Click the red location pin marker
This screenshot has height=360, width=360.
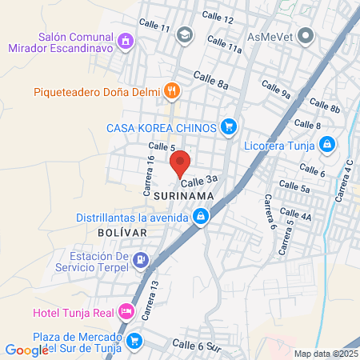[x=180, y=162]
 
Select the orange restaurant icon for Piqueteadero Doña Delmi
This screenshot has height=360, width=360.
[x=170, y=91]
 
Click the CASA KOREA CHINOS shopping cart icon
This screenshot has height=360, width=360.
[x=230, y=126]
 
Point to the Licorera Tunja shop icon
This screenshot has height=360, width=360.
[x=326, y=144]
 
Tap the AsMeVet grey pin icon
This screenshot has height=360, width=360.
[x=305, y=35]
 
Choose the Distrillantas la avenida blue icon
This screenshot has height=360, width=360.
[x=201, y=216]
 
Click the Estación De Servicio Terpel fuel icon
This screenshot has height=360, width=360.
[x=142, y=259]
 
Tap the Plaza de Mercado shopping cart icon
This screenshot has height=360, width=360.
[x=134, y=340]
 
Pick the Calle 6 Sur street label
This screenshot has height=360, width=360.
[x=196, y=346]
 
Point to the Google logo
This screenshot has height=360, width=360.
[x=26, y=349]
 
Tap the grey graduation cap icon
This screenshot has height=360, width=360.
[x=186, y=34]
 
